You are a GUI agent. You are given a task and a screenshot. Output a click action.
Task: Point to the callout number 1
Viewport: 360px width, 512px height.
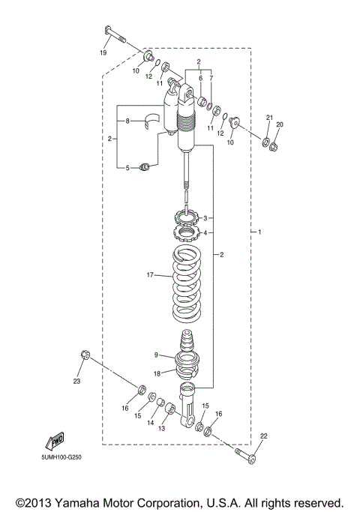tap(260, 232)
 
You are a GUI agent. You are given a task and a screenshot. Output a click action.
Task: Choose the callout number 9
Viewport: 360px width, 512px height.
tap(156, 355)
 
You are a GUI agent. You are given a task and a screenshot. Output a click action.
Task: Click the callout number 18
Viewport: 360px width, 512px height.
tap(157, 373)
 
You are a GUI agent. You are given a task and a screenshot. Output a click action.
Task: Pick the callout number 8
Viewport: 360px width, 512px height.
tap(127, 121)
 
